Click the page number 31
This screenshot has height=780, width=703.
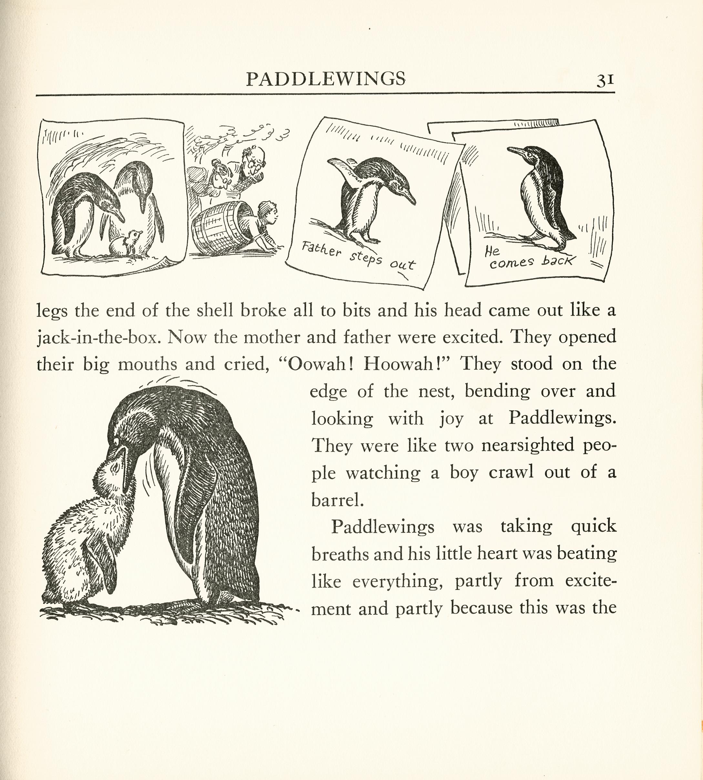(605, 80)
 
